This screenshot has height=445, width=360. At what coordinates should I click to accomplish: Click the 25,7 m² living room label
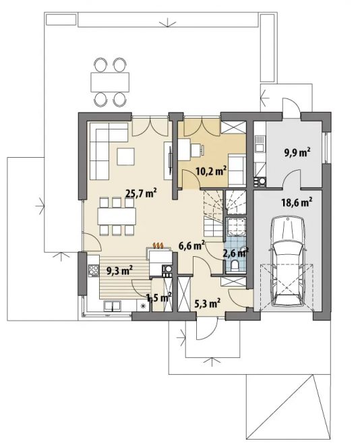142,193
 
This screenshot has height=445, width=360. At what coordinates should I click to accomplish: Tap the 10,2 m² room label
211,171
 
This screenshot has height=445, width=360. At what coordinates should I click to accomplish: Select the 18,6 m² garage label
297,203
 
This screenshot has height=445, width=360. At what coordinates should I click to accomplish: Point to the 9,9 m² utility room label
297,152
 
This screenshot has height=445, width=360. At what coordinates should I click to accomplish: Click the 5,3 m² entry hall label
208,304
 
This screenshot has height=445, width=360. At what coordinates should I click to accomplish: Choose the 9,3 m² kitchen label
120,271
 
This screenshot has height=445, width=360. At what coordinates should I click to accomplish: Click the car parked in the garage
287,261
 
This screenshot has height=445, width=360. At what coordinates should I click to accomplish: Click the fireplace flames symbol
158,245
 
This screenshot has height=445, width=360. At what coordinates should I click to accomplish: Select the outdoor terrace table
110,82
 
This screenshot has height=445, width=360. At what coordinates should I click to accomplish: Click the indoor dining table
117,216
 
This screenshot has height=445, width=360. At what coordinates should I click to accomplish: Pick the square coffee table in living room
125,156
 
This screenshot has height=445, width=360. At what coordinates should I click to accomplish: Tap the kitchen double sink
113,306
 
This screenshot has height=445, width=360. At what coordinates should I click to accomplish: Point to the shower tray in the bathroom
236,227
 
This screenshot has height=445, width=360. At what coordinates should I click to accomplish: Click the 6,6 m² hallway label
191,245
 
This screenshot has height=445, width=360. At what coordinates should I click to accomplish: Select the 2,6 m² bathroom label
236,253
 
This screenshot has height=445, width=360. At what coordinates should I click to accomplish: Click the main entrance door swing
207,328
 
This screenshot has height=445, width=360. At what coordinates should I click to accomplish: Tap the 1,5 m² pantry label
158,297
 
